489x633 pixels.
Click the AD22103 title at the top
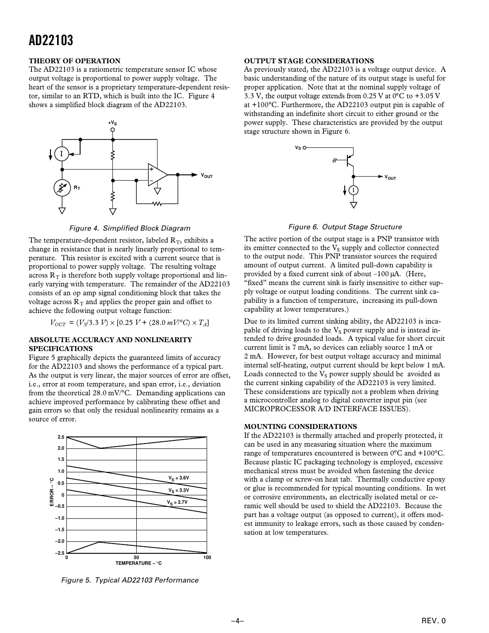tap(51, 41)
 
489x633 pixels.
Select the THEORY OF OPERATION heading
tap(74, 61)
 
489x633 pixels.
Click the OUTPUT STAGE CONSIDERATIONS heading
tap(309, 61)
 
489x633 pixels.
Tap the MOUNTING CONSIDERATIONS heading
tap(300, 427)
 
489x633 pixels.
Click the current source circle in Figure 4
tap(62, 154)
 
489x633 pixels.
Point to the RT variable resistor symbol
tap(62, 188)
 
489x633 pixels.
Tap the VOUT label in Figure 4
tap(207, 176)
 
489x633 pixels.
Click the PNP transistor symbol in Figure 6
tap(350, 160)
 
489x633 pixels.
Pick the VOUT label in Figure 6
tap(390, 178)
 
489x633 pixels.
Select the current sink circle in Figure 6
tap(353, 190)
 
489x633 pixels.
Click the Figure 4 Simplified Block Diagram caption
tap(130, 228)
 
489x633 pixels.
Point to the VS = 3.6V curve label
tap(178, 478)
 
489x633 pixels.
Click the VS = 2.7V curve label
tap(177, 502)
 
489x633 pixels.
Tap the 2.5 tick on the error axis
tap(61, 437)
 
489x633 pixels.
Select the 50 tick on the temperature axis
tap(136, 557)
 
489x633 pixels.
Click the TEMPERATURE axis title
tap(139, 563)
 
